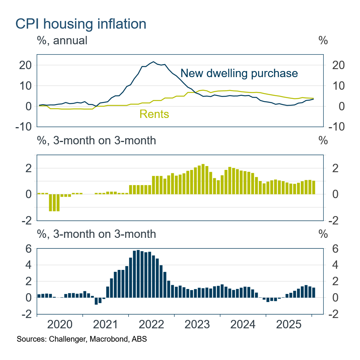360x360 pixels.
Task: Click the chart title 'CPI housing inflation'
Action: pos(81,24)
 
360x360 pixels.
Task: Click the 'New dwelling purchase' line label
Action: pos(239,73)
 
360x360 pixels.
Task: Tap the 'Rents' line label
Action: pos(154,114)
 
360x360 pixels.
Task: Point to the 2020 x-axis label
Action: pos(60,325)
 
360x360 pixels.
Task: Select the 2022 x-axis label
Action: pos(152,325)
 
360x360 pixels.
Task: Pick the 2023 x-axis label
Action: pos(197,325)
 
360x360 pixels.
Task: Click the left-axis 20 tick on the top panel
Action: pos(25,65)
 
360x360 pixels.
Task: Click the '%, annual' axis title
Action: pos(62,40)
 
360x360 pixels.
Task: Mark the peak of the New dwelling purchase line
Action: pos(153,61)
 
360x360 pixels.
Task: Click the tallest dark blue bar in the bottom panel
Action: pos(138,274)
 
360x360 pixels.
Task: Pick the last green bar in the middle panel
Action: pos(314,187)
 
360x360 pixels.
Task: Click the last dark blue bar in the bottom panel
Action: pos(314,292)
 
